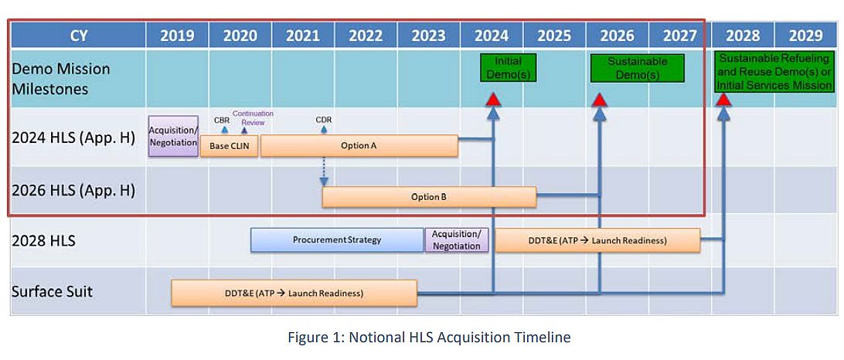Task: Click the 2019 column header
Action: click(177, 36)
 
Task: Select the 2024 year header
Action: click(492, 36)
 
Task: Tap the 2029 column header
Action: click(805, 36)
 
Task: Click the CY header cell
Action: click(78, 36)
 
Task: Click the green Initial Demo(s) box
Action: click(507, 68)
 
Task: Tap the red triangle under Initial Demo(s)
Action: click(493, 99)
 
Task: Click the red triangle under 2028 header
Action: click(723, 99)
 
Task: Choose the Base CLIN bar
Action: click(229, 146)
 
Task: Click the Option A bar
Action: click(359, 145)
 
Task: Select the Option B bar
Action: click(429, 197)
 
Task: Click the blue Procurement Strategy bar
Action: click(337, 240)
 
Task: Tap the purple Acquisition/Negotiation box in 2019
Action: click(173, 137)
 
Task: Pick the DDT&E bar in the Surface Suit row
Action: click(294, 293)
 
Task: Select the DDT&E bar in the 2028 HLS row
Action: click(597, 240)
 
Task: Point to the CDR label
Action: click(324, 120)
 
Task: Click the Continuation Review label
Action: click(253, 117)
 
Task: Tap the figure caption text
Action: click(428, 337)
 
